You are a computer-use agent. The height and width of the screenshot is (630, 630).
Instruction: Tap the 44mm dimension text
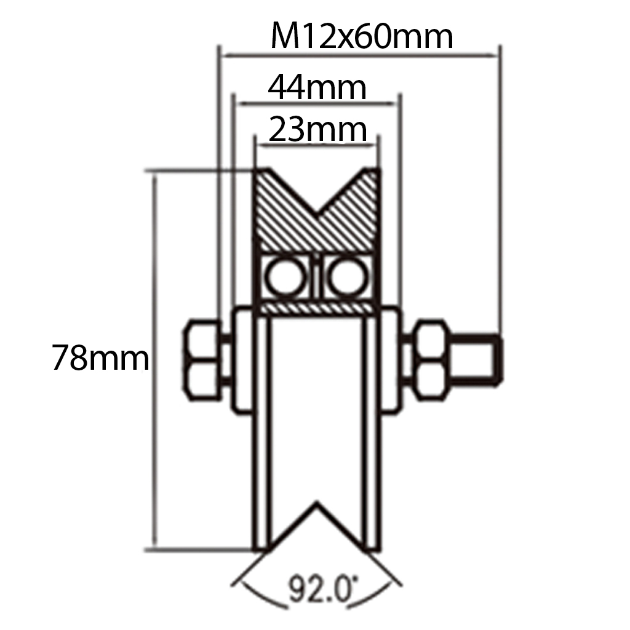click(x=317, y=88)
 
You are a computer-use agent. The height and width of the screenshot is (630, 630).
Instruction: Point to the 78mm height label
click(x=100, y=358)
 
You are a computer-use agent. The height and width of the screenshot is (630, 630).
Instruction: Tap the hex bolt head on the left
click(x=202, y=360)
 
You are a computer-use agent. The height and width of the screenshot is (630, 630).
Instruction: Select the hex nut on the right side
click(x=431, y=360)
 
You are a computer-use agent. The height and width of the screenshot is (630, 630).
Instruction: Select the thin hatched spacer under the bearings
click(x=317, y=306)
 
